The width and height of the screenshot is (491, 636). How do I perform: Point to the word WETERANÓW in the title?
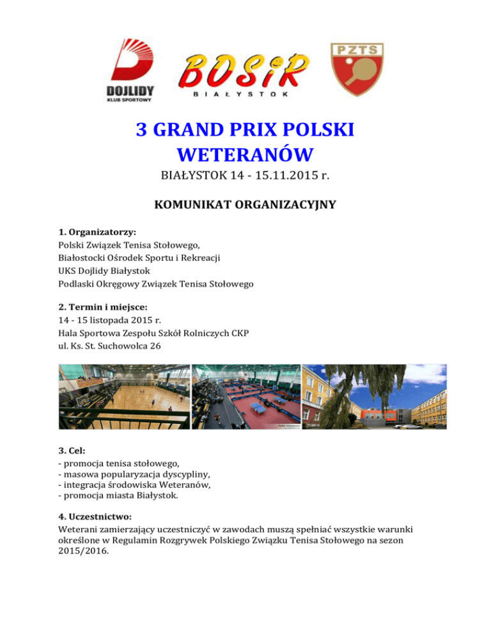pos(245,154)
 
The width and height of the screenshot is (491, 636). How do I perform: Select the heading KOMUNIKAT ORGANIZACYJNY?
pos(245,206)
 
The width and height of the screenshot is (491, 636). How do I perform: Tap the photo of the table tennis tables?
pos(245,397)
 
